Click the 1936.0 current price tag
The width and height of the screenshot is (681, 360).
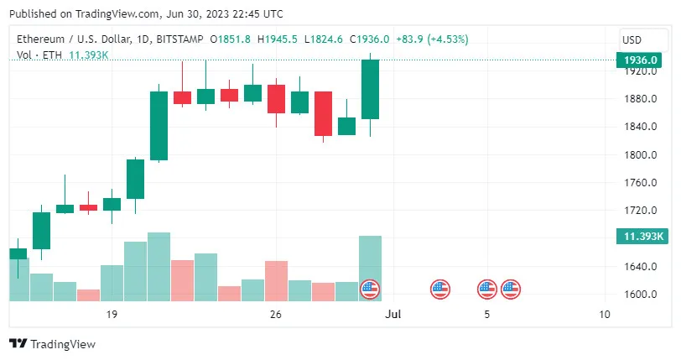point(641,60)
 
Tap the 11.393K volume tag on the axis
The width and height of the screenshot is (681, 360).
point(640,237)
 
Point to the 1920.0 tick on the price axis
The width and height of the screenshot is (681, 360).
point(639,71)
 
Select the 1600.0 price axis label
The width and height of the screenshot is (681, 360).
point(639,295)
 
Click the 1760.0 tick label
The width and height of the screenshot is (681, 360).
point(639,183)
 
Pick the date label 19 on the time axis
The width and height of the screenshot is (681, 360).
point(111,315)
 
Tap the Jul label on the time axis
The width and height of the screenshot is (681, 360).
point(390,315)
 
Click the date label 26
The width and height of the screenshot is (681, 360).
point(275,315)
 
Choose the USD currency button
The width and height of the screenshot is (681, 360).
point(632,39)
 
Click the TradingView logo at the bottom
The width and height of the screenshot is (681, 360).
point(52,343)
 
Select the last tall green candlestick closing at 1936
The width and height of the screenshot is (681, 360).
point(370,89)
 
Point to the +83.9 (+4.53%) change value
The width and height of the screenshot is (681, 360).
point(432,39)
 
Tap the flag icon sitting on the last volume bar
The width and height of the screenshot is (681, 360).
point(370,290)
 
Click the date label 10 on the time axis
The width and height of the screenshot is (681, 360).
point(605,315)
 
